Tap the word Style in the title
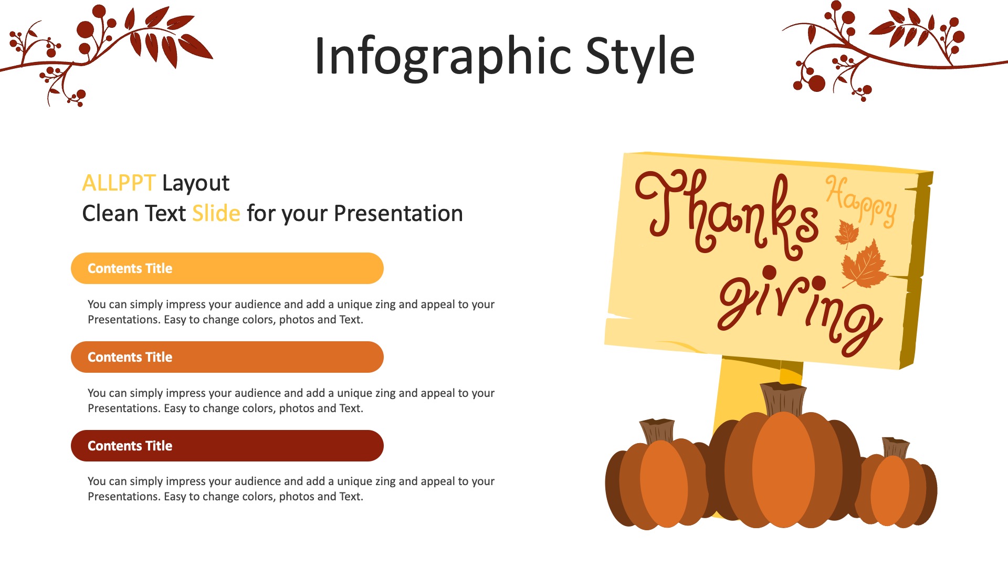(640, 56)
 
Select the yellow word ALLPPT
(119, 183)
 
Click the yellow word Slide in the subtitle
(216, 213)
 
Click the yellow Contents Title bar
(227, 268)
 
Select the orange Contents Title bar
(227, 357)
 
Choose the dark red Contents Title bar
(227, 446)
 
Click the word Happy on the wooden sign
(862, 202)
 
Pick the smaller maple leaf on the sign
(846, 233)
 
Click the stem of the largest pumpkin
(783, 399)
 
